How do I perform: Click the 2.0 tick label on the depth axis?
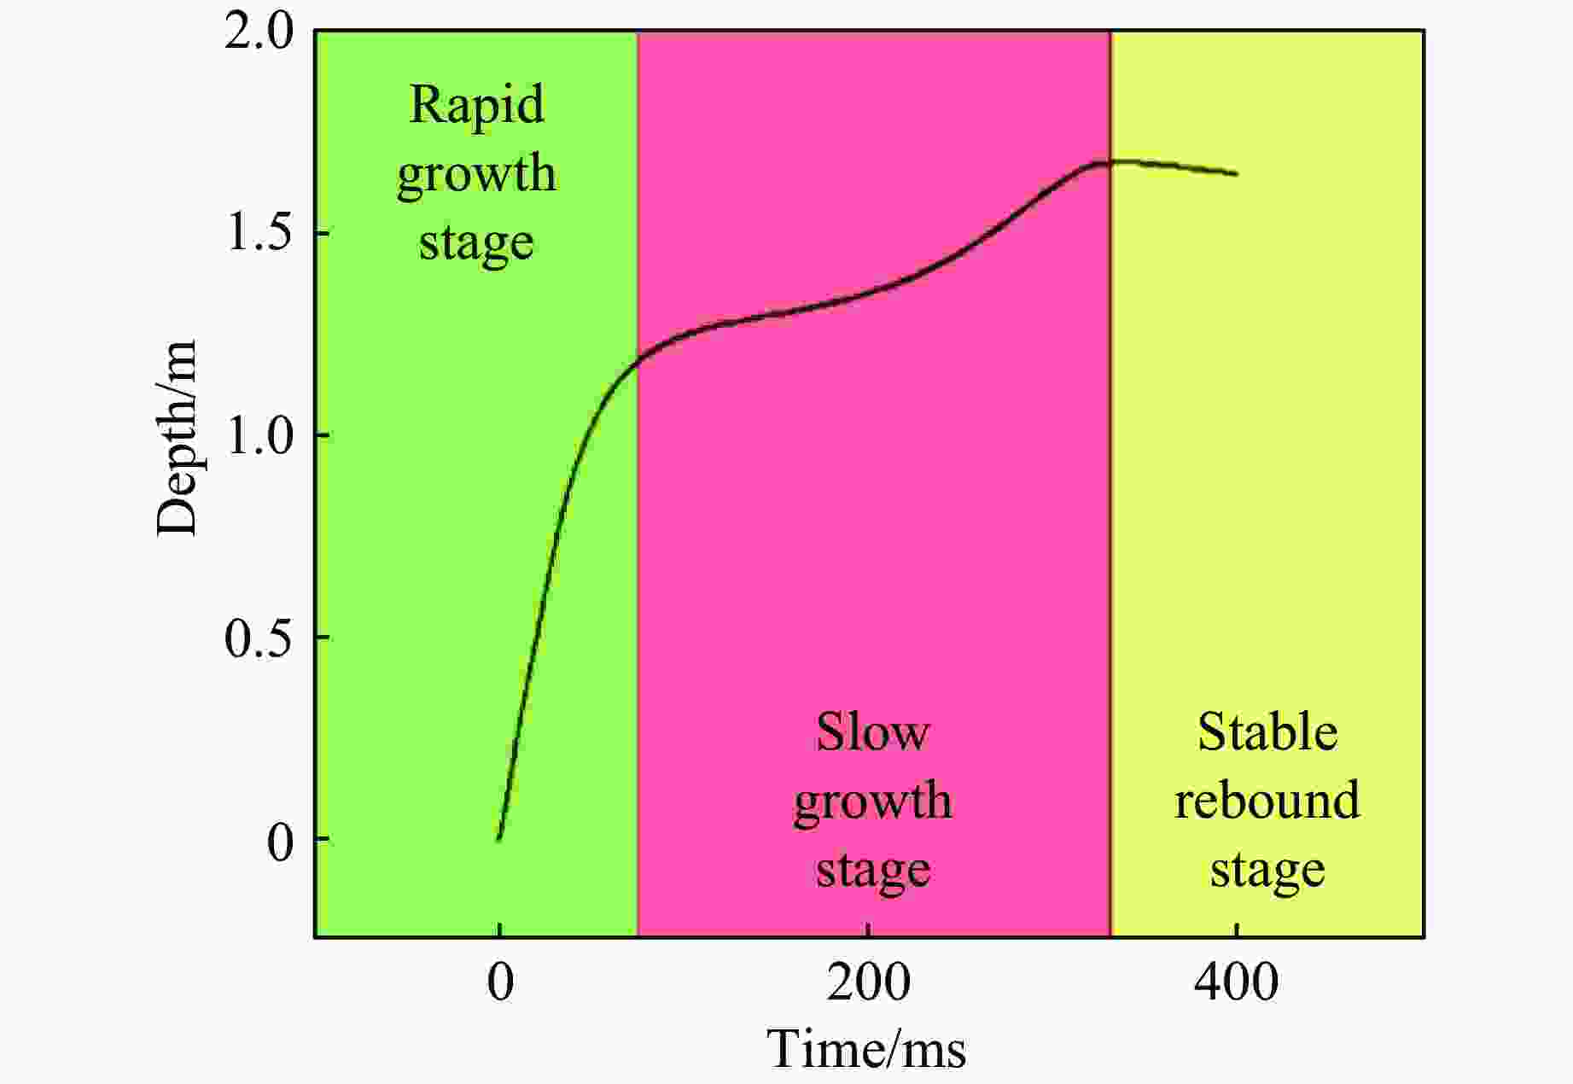click(x=259, y=32)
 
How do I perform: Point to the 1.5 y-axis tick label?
click(x=259, y=233)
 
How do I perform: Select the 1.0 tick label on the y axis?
click(x=259, y=435)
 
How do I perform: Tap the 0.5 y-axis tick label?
click(x=259, y=638)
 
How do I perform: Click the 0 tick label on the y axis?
click(x=279, y=841)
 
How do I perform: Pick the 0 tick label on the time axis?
click(x=500, y=982)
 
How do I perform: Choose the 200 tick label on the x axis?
click(x=868, y=982)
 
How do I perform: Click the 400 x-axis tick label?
click(x=1236, y=982)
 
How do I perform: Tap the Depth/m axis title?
click(x=177, y=438)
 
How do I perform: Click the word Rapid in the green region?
click(x=476, y=104)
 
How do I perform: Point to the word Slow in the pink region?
click(x=871, y=731)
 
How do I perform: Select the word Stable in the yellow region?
click(x=1267, y=731)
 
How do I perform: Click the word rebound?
click(x=1267, y=801)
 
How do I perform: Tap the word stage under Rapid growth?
click(x=476, y=243)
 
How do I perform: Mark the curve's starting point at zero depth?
click(x=499, y=838)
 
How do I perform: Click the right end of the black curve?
click(x=1236, y=174)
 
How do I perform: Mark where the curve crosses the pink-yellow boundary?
click(x=1110, y=161)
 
